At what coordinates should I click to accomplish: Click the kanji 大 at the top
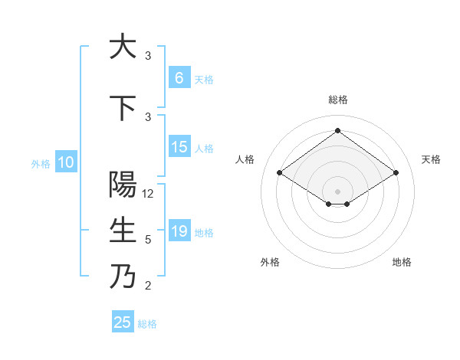point(123,47)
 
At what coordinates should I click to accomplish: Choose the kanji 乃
point(123,277)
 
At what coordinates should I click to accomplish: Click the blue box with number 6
point(179,78)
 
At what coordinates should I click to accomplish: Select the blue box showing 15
point(179,147)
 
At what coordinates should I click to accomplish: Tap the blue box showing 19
point(179,231)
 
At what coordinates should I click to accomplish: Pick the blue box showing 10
point(65,162)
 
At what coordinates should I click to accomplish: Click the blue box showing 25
point(123,322)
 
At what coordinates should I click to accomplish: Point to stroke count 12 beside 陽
point(149,194)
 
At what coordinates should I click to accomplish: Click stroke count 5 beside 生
point(148,240)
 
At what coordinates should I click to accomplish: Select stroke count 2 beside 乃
point(148,286)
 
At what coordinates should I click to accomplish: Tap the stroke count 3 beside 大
point(148,56)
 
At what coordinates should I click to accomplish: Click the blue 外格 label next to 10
point(41,163)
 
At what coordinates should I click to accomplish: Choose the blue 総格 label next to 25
point(147,324)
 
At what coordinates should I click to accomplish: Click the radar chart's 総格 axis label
point(337,100)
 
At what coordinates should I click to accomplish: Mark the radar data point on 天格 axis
point(396,173)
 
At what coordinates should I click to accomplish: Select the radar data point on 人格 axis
point(279,173)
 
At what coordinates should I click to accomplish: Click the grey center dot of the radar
point(337,190)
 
